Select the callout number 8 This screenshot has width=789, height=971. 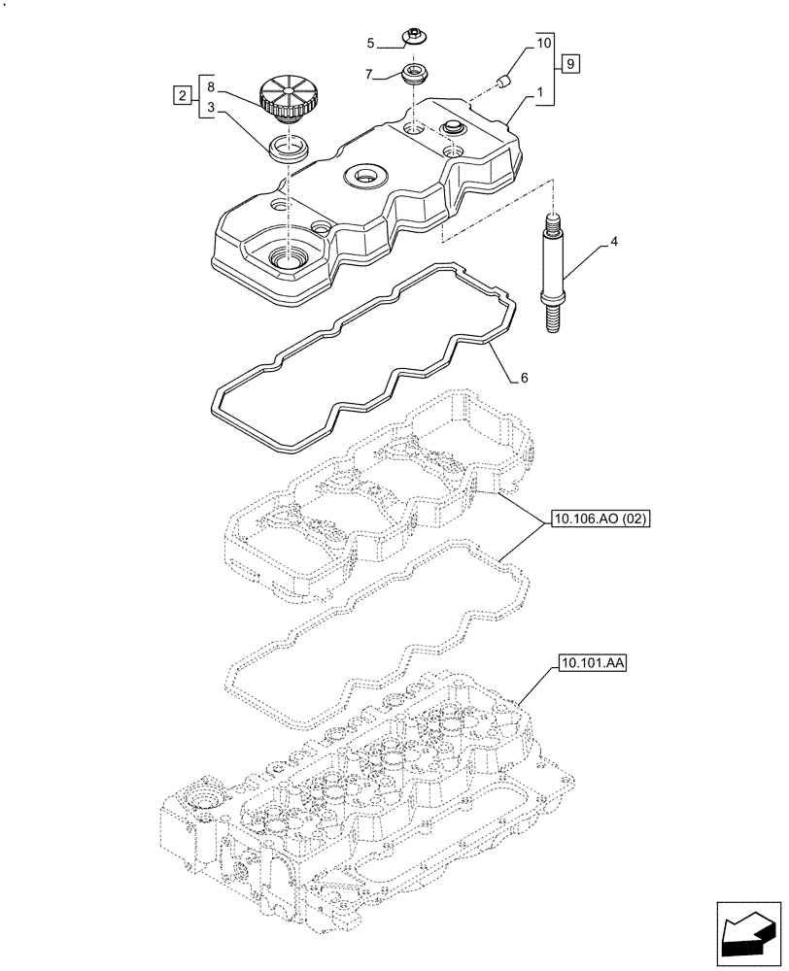(x=210, y=86)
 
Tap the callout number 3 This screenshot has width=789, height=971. (x=210, y=110)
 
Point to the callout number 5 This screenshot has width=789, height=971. (x=370, y=43)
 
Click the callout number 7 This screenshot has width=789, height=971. (x=370, y=73)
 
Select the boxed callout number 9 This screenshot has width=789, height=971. (x=571, y=64)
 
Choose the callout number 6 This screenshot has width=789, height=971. (x=524, y=377)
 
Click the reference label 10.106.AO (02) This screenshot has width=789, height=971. (x=599, y=519)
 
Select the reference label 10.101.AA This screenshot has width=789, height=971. (x=593, y=665)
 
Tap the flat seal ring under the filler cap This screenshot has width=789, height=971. (x=290, y=149)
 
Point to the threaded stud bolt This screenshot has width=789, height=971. (x=552, y=275)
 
